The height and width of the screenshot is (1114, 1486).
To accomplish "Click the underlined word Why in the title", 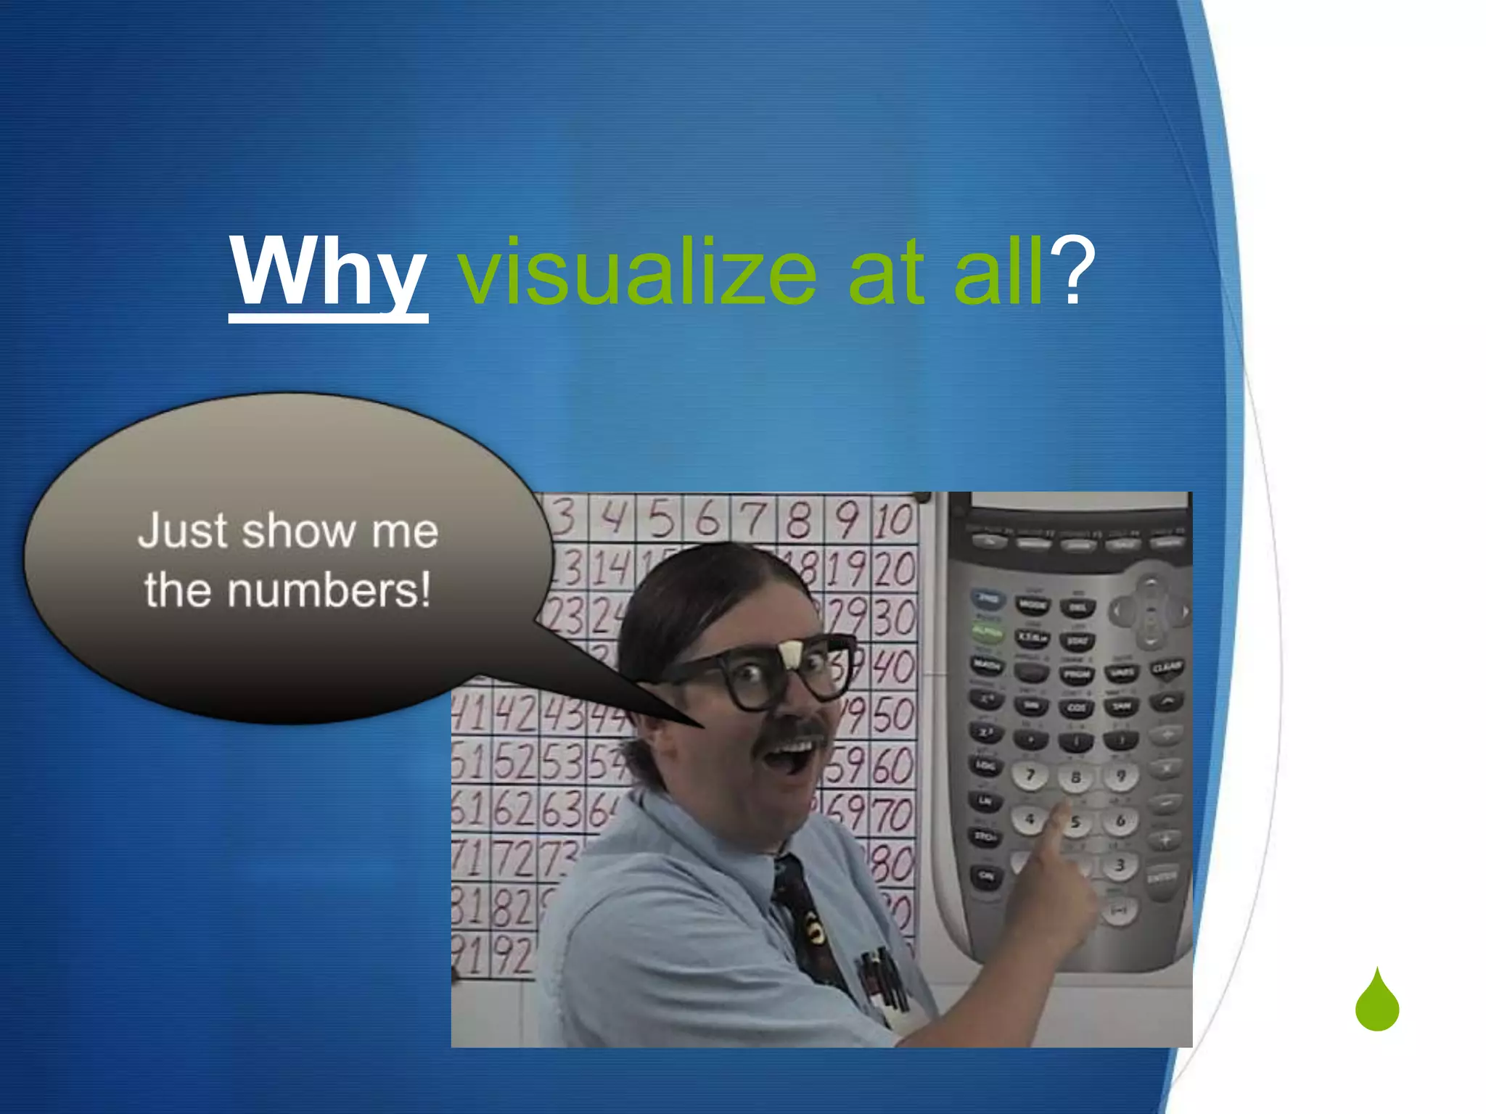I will pos(328,272).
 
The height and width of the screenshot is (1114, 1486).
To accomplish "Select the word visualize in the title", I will pos(637,272).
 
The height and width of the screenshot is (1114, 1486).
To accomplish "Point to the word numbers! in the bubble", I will pos(329,590).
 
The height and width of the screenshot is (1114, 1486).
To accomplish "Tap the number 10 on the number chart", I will pos(893,520).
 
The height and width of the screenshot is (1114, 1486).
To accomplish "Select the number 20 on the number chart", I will pos(894,569).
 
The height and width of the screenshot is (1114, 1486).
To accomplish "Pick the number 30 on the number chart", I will pos(894,618).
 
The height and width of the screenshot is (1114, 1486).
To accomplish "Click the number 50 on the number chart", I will pos(893,715).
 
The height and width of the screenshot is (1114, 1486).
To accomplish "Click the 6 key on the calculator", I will pos(1120,821).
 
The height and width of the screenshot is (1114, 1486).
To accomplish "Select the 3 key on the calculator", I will pos(1120,865).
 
